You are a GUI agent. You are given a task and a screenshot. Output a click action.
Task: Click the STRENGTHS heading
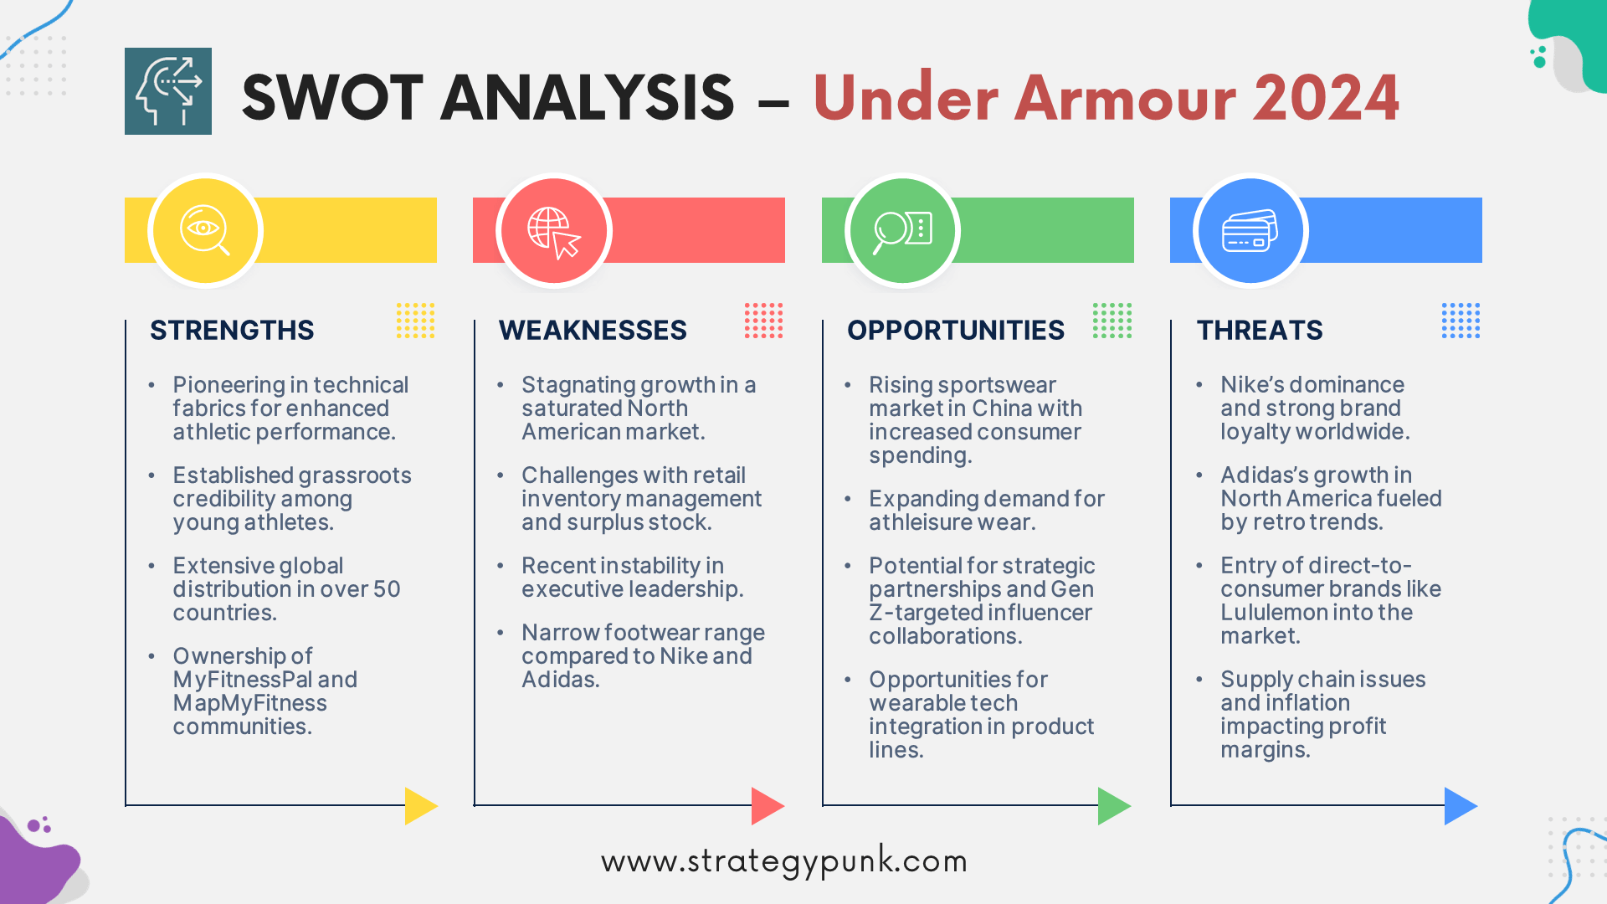click(x=232, y=330)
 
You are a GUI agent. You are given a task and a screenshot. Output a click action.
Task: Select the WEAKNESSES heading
click(x=593, y=330)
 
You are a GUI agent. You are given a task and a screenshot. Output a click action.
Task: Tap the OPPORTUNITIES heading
click(x=956, y=330)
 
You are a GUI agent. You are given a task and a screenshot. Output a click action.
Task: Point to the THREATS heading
click(x=1260, y=330)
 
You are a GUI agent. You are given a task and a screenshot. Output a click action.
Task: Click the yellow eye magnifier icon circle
click(x=205, y=230)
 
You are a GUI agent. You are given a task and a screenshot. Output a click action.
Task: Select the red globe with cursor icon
click(x=553, y=230)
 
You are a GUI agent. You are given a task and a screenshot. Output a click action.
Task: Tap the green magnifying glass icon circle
click(x=902, y=230)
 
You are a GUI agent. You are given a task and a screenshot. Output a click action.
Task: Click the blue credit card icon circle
click(x=1250, y=230)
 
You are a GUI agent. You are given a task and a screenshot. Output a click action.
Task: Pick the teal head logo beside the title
click(x=168, y=91)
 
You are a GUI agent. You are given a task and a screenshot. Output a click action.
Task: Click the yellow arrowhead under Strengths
click(x=420, y=805)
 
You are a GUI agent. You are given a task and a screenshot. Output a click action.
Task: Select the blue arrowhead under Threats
click(x=1460, y=805)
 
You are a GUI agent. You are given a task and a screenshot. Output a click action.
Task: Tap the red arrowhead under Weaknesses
click(x=767, y=805)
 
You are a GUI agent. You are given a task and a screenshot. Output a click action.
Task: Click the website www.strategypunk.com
click(x=784, y=861)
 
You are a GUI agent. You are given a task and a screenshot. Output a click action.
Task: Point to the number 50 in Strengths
click(x=387, y=589)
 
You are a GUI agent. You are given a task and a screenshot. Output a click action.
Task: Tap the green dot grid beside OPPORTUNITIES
click(x=1112, y=321)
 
